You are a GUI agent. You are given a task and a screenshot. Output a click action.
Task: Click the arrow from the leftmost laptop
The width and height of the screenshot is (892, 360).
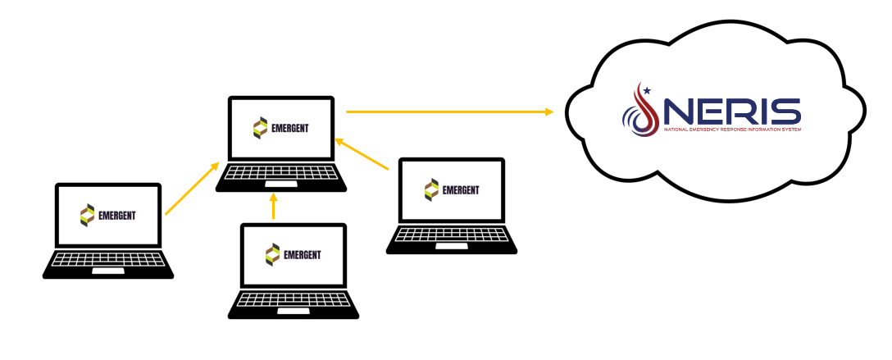point(192,189)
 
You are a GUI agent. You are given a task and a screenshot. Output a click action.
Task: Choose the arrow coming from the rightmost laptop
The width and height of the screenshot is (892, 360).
point(362,155)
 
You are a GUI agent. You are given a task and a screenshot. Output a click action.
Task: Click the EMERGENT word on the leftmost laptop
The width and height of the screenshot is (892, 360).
point(117,216)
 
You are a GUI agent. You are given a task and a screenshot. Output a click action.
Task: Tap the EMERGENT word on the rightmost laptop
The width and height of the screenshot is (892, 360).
point(461,190)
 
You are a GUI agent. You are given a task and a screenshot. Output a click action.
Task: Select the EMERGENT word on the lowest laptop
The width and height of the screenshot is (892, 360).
point(302,254)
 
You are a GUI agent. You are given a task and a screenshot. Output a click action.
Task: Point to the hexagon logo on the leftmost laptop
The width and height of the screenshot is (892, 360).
point(86,216)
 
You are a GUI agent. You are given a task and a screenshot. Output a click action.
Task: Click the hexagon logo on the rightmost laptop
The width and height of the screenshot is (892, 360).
point(431,190)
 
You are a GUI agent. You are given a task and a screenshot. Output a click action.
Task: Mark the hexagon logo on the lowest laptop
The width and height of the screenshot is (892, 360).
point(271,254)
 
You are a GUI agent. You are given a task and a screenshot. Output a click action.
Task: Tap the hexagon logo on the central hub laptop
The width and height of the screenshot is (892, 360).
point(260,128)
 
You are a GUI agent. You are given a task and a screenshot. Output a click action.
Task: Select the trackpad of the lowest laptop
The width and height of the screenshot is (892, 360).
point(294,310)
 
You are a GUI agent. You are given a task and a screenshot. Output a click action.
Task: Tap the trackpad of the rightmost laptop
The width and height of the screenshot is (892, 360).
point(452,246)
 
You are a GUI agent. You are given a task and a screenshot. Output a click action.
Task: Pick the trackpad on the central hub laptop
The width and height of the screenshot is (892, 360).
point(281,185)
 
